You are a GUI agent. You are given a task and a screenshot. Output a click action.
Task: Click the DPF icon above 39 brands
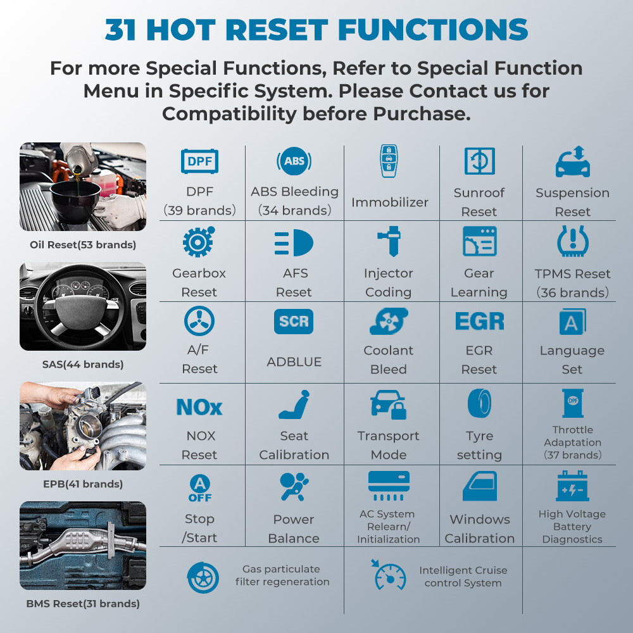pyautogui.click(x=199, y=161)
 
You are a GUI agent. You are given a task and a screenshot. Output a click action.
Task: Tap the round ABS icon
pyautogui.click(x=294, y=161)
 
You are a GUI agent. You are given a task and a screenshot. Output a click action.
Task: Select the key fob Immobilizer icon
pyautogui.click(x=389, y=161)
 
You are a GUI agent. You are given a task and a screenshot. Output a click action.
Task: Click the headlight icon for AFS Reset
pyautogui.click(x=294, y=242)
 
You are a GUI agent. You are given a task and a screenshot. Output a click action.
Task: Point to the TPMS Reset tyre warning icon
pyautogui.click(x=572, y=241)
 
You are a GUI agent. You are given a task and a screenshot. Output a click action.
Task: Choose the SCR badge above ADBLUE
pyautogui.click(x=294, y=322)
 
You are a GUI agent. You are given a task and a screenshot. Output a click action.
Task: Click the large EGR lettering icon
pyautogui.click(x=480, y=321)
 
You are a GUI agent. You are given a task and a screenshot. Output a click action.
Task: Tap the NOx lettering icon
pyautogui.click(x=199, y=407)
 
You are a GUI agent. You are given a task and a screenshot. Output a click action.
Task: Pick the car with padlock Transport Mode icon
pyautogui.click(x=389, y=404)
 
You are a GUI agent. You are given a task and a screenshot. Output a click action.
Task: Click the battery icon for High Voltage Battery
pyautogui.click(x=572, y=486)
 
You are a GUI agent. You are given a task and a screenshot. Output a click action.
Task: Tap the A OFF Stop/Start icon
pyautogui.click(x=200, y=488)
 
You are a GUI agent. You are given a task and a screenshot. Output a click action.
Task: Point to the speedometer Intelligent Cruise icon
pyautogui.click(x=389, y=575)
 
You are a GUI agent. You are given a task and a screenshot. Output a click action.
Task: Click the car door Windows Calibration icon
pyautogui.click(x=480, y=486)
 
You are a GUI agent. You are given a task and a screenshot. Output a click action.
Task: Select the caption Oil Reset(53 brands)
pyautogui.click(x=83, y=244)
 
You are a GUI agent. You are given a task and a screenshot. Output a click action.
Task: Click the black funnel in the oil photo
pyautogui.click(x=75, y=200)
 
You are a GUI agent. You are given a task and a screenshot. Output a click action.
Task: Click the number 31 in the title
pyautogui.click(x=120, y=30)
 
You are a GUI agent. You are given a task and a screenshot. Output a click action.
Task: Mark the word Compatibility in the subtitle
pyautogui.click(x=229, y=114)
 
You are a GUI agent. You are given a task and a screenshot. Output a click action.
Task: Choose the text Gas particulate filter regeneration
pyautogui.click(x=282, y=575)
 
